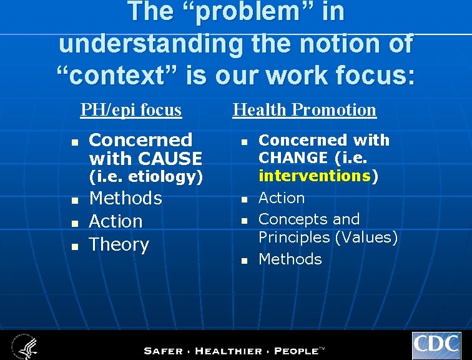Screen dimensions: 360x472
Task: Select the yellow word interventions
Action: [x=315, y=176]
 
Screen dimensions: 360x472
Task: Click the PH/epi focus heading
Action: [x=131, y=110]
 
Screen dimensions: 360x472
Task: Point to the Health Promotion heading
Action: [x=304, y=110]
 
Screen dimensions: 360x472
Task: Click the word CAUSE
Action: [x=171, y=158]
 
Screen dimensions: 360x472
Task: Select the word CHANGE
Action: [x=293, y=157]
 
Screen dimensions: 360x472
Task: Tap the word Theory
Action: [x=119, y=245]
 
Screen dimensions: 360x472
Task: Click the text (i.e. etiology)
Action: [x=146, y=177]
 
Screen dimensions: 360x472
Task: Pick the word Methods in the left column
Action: [x=125, y=199]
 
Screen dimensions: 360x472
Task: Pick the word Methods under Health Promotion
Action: [x=290, y=259]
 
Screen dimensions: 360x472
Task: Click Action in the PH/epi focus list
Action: [x=116, y=221]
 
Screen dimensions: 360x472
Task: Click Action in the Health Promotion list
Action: [x=282, y=198]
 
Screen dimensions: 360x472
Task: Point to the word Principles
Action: [x=293, y=237]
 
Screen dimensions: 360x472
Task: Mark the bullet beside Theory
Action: [x=74, y=246]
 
